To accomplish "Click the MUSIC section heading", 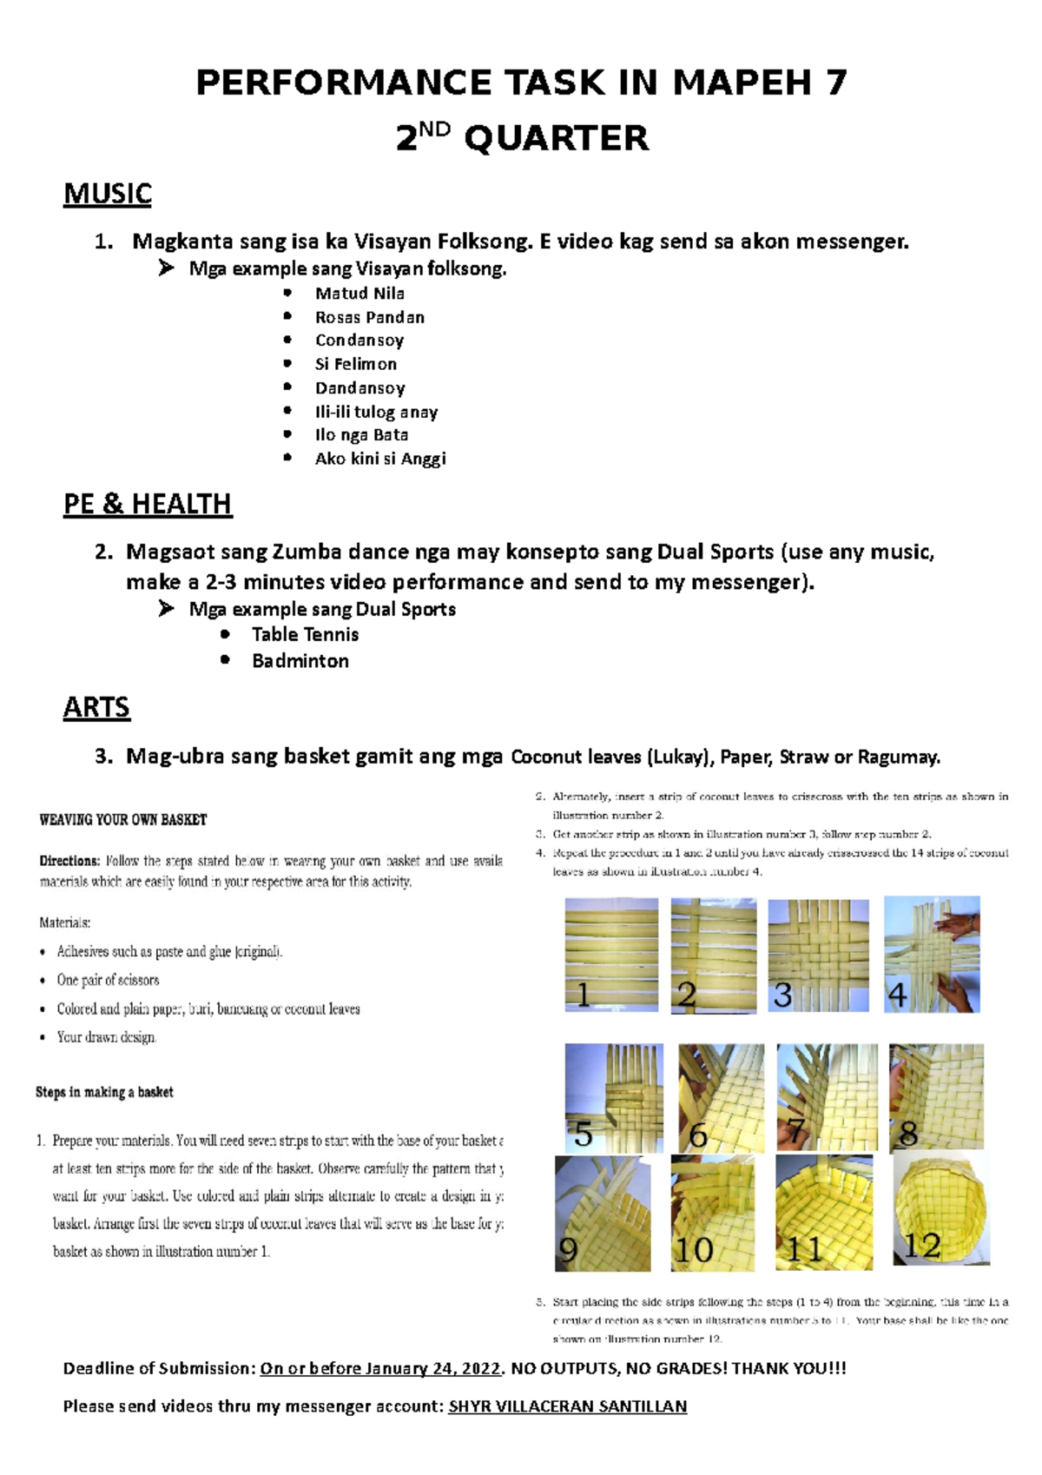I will pyautogui.click(x=108, y=194).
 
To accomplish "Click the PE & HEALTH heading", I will pyautogui.click(x=148, y=504).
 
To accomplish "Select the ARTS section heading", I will pyautogui.click(x=96, y=708).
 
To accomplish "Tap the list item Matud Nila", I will pyautogui.click(x=359, y=294).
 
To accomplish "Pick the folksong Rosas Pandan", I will pyautogui.click(x=369, y=317).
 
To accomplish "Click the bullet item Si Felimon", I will pyautogui.click(x=355, y=364).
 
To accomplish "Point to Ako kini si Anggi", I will pyautogui.click(x=380, y=459).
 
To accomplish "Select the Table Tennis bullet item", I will pyautogui.click(x=305, y=635).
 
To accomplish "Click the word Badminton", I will pyautogui.click(x=300, y=661).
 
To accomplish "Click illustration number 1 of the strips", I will pyautogui.click(x=611, y=954).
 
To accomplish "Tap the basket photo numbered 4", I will pyautogui.click(x=932, y=954).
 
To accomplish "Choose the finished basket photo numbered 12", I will pyautogui.click(x=941, y=1208).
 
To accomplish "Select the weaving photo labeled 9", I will pyautogui.click(x=603, y=1213).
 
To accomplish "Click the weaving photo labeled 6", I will pyautogui.click(x=721, y=1098).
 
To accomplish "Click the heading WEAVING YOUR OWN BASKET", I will pyautogui.click(x=123, y=819).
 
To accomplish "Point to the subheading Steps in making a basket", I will pyautogui.click(x=104, y=1092).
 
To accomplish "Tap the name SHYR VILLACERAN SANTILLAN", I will pyautogui.click(x=567, y=1406).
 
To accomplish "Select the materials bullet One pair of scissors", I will pyautogui.click(x=108, y=980).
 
